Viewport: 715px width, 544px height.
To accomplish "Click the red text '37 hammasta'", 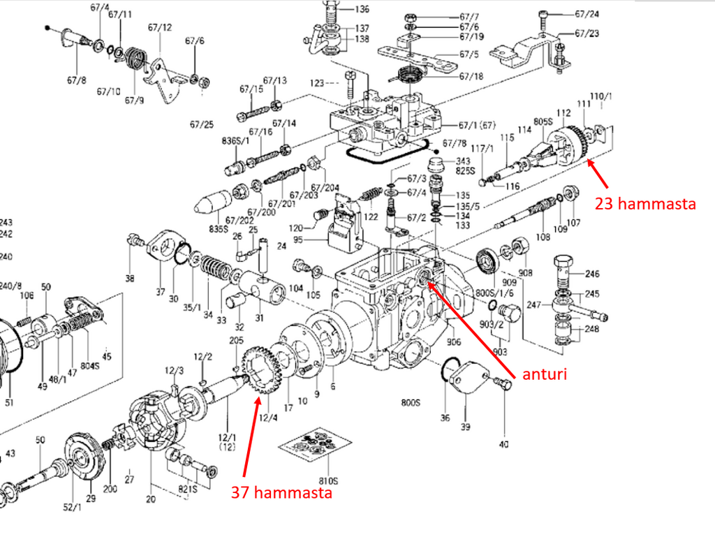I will (x=281, y=493).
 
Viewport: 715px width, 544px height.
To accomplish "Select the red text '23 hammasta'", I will (x=645, y=204).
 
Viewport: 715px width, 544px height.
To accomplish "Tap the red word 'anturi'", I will (x=545, y=374).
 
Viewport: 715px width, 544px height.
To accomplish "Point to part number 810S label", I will (x=328, y=481).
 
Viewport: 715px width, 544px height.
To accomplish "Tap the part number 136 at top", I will (x=362, y=10).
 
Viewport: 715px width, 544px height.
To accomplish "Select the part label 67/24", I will (x=587, y=13).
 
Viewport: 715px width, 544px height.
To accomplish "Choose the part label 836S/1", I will (x=235, y=140).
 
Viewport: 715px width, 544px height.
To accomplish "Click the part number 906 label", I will (x=454, y=342).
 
